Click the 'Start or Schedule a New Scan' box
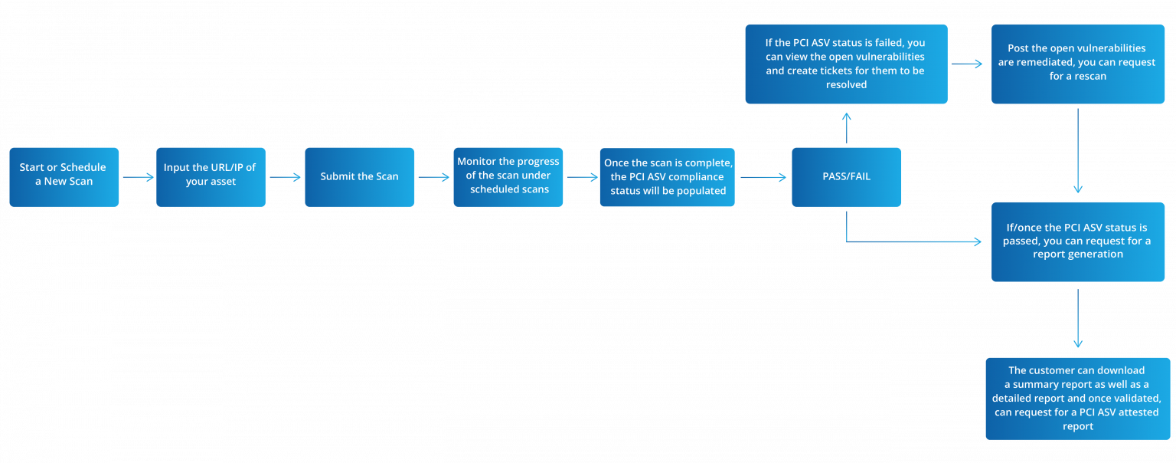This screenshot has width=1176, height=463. point(64,177)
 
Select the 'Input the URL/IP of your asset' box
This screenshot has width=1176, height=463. point(211,177)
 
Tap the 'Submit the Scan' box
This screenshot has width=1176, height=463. point(360,177)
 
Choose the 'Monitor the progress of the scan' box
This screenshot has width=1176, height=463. point(508,177)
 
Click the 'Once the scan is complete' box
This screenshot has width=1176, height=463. point(668,177)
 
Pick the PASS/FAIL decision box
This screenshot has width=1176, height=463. point(846,177)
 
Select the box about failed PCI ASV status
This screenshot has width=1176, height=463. point(846,64)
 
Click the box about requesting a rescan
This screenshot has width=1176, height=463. point(1077,64)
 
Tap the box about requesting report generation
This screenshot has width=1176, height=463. point(1077,241)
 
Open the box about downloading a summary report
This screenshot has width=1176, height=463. point(1077,399)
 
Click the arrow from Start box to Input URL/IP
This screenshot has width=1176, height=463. point(138,178)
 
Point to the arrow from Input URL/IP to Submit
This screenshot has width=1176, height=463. point(286,178)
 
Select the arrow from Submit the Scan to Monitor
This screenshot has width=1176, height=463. point(434,178)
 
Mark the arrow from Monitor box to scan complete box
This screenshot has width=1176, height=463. point(581,178)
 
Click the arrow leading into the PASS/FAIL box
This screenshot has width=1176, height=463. point(763,178)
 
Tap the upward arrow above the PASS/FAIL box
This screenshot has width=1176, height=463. point(846,127)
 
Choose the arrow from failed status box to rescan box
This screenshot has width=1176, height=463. point(967,64)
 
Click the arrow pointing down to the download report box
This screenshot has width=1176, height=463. point(1078,318)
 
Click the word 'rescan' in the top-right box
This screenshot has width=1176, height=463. point(1090,77)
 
